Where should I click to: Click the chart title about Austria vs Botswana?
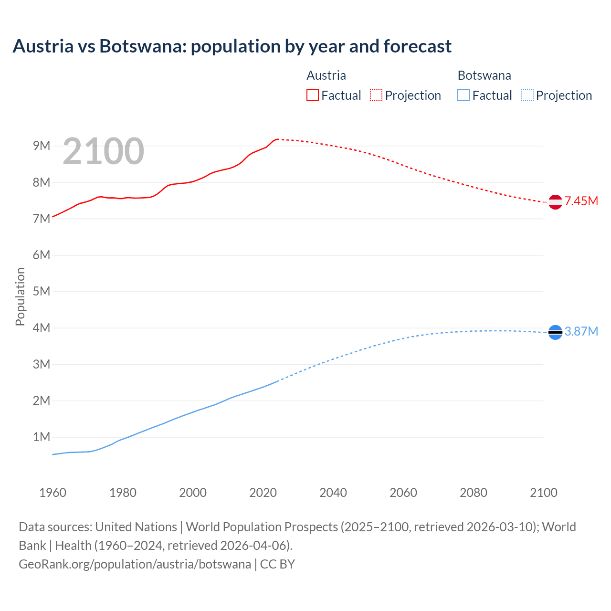click(232, 46)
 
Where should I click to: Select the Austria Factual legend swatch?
click(312, 95)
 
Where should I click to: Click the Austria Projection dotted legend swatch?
click(376, 95)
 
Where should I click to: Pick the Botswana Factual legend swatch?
click(464, 95)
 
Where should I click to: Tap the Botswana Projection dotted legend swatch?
click(527, 95)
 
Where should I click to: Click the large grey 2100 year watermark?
click(103, 151)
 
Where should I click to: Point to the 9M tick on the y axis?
click(42, 146)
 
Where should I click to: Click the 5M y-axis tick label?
click(42, 291)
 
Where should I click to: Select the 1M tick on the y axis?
click(42, 437)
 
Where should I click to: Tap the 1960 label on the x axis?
click(53, 493)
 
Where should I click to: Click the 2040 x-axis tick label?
click(333, 493)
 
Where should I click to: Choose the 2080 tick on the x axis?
click(474, 493)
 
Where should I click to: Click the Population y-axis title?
click(20, 296)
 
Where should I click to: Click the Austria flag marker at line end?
click(555, 202)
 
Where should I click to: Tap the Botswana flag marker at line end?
click(555, 332)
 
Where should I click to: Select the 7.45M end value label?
click(581, 201)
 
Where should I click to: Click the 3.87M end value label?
click(581, 331)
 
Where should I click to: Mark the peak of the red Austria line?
click(277, 139)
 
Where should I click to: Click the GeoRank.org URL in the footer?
click(135, 564)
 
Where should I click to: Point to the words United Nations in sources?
click(136, 527)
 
